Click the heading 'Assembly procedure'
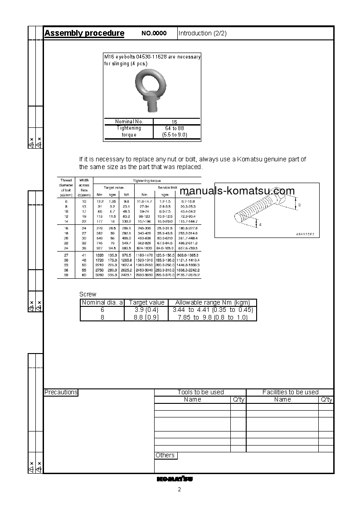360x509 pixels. pyautogui.click(x=84, y=33)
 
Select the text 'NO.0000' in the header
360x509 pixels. pyautogui.click(x=154, y=34)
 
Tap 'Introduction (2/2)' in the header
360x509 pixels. pyautogui.click(x=202, y=33)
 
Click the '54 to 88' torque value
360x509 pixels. pyautogui.click(x=175, y=129)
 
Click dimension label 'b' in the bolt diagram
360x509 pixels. pyautogui.click(x=298, y=205)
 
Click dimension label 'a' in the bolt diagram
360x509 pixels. pyautogui.click(x=259, y=223)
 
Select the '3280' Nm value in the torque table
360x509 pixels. pyautogui.click(x=99, y=275)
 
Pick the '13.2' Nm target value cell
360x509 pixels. pyautogui.click(x=100, y=201)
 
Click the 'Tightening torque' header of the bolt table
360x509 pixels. pyautogui.click(x=147, y=180)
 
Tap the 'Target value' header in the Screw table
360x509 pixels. pyautogui.click(x=146, y=302)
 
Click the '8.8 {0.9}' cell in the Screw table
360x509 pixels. pyautogui.click(x=146, y=317)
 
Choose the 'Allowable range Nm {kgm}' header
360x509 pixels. pyautogui.click(x=212, y=302)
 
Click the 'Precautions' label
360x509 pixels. pyautogui.click(x=61, y=392)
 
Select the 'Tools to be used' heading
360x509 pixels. pyautogui.click(x=200, y=392)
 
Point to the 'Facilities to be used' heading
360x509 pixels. pyautogui.click(x=290, y=392)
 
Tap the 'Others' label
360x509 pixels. pyautogui.click(x=165, y=455)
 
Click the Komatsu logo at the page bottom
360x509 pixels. pyautogui.click(x=175, y=479)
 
